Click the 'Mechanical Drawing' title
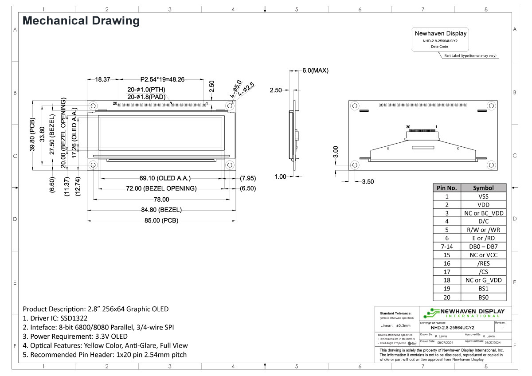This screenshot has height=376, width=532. coord(81,20)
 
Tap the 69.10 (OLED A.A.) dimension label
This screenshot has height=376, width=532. coord(165,178)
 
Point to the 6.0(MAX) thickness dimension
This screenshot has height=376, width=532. coord(315,70)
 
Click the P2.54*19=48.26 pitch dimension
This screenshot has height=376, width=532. coord(162,79)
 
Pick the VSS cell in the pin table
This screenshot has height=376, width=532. coord(483,196)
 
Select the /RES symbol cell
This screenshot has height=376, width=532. coord(483,263)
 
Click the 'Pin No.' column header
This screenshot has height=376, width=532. coord(447,188)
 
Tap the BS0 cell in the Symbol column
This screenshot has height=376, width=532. coord(483,297)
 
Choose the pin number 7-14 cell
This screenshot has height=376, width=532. coord(447,247)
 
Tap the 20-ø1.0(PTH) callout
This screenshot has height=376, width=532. coord(146,90)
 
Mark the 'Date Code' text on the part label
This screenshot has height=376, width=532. coord(440,47)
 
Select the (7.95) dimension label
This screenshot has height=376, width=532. coord(247,178)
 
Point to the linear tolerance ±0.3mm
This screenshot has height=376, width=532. coord(403,326)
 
